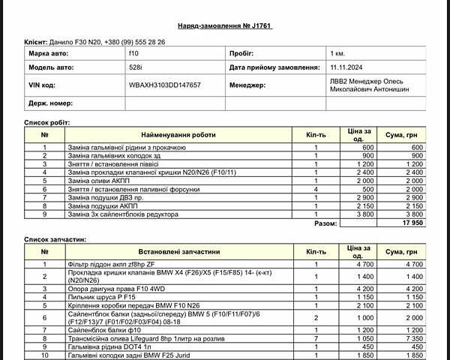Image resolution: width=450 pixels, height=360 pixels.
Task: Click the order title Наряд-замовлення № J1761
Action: tap(224, 25)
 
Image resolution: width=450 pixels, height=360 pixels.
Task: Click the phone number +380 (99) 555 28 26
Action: tap(135, 43)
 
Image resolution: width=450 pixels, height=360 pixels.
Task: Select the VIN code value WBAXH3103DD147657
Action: tap(164, 85)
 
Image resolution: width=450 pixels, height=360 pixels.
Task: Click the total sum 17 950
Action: tap(412, 223)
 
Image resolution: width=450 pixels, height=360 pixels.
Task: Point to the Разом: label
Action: tap(325, 223)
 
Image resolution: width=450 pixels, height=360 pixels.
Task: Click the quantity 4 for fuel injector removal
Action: tap(316, 189)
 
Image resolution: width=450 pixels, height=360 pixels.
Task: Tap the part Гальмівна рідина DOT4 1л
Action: tap(109, 346)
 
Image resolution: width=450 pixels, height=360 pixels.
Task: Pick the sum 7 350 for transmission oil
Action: tap(412, 338)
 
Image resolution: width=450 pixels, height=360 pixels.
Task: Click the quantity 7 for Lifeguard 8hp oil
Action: tap(316, 338)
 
